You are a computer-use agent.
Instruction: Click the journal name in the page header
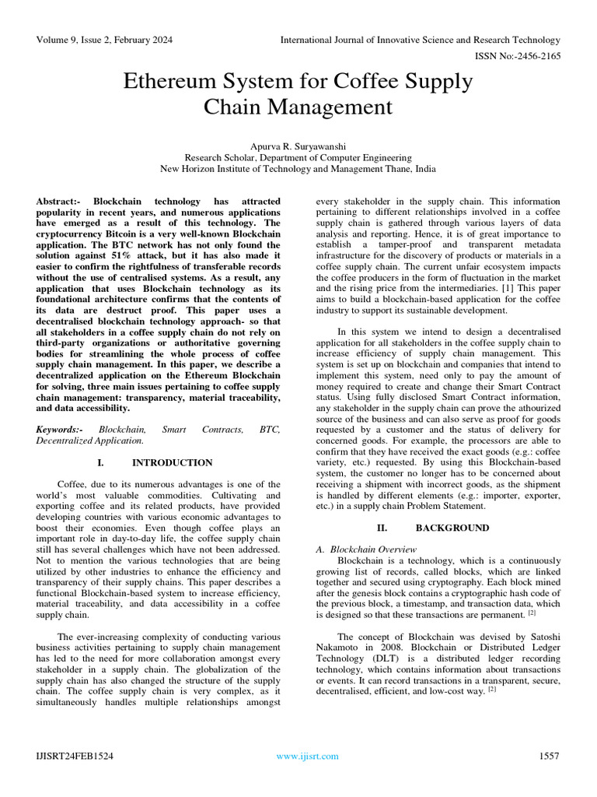tap(420, 40)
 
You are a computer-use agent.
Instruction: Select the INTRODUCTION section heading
tap(172, 462)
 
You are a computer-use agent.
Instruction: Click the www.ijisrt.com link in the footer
tap(308, 756)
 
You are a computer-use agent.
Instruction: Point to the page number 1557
tap(549, 756)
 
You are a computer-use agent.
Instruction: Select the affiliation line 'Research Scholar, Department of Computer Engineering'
tap(298, 156)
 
